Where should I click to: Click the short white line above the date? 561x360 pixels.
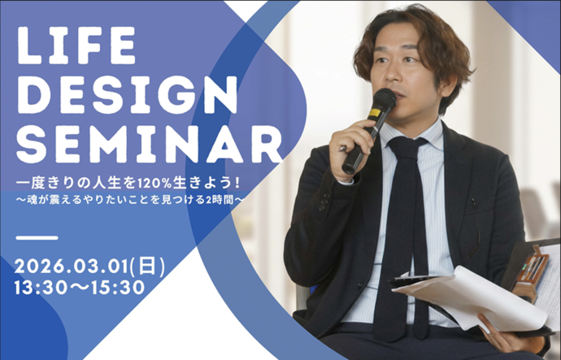point(37,238)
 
